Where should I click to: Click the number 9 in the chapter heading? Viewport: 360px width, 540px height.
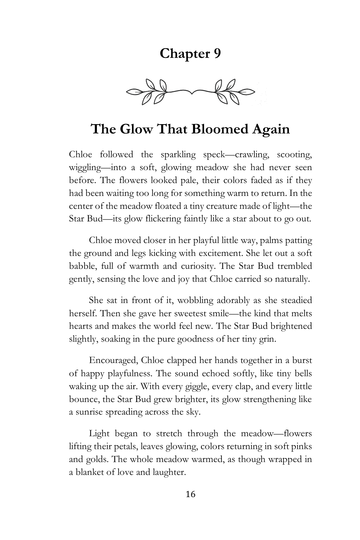pos(216,54)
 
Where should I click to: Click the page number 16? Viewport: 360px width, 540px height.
pos(190,494)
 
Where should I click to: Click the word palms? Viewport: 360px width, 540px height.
pos(254,241)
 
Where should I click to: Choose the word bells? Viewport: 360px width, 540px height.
pos(301,373)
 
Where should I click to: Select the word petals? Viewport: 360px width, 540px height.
pos(118,447)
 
